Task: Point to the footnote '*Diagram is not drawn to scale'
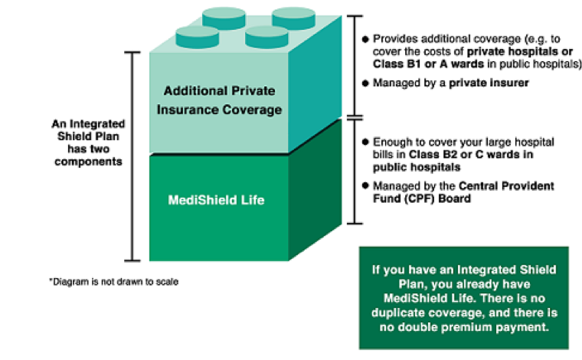(x=113, y=282)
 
